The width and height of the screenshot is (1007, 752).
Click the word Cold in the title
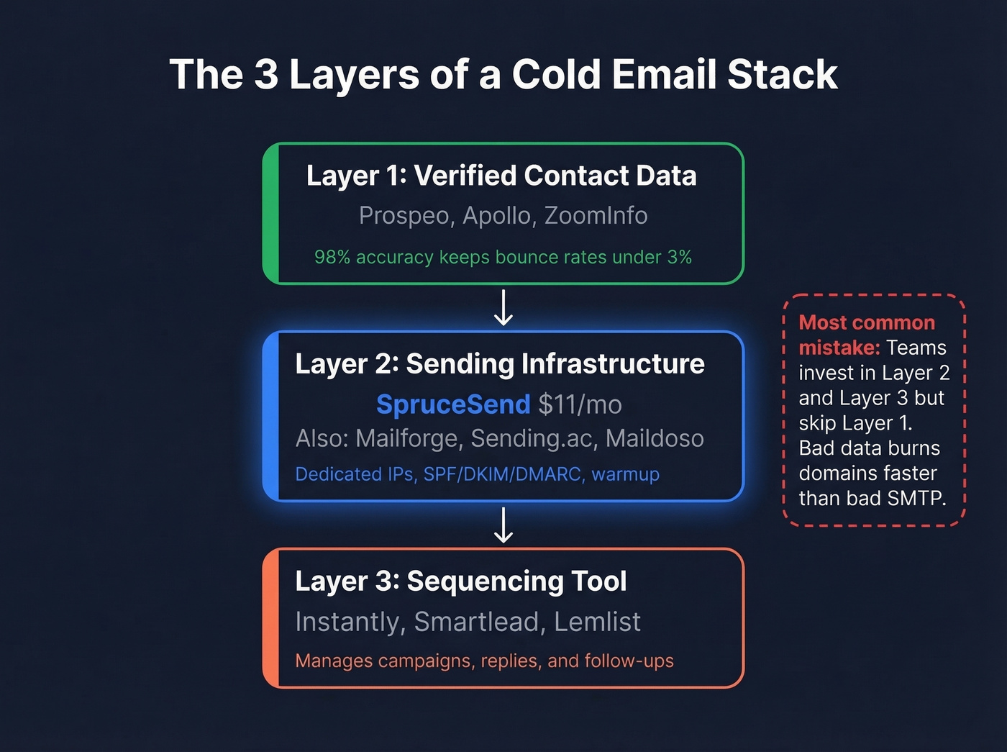point(557,74)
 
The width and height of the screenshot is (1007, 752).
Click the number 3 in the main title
point(265,74)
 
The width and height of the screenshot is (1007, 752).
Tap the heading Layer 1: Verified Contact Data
point(501,176)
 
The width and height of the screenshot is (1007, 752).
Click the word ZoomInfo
point(596,215)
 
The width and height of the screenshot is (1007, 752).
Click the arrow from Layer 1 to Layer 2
point(503,308)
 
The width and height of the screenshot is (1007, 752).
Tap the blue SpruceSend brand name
point(453,404)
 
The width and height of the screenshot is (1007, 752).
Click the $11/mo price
point(580,404)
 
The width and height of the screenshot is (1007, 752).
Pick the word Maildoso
point(655,438)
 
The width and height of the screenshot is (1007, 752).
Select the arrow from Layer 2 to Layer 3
point(503,525)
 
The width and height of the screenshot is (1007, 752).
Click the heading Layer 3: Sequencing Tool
point(461,581)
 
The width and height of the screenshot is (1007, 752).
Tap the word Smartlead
point(477,622)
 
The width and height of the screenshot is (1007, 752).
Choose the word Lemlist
point(597,622)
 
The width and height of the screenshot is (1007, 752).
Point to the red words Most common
point(867,322)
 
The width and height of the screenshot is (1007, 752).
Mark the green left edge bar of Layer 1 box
point(270,214)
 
